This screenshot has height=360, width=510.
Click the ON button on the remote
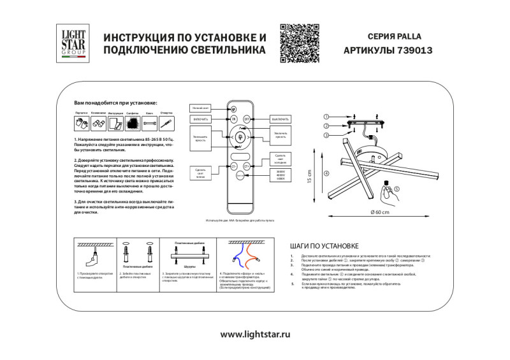(233, 119)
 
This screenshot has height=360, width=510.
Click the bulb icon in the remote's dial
(240, 137)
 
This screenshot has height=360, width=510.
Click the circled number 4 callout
(326, 173)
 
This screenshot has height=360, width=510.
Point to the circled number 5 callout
(395, 189)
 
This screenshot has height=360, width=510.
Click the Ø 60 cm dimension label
(379, 212)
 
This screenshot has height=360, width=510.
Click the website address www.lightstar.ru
(255, 333)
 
